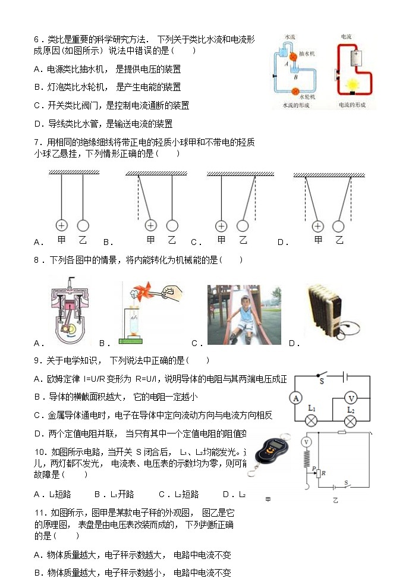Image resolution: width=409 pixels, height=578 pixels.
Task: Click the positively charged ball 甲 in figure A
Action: click(x=61, y=225)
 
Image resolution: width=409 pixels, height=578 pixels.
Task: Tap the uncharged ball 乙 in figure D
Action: click(x=338, y=226)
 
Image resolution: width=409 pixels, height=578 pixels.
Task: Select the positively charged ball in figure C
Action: click(x=221, y=226)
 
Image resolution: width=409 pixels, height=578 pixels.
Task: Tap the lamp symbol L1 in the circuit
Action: click(x=310, y=421)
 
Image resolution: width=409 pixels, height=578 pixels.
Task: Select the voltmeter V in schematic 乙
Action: click(x=307, y=442)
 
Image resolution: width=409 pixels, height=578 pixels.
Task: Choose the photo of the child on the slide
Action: click(x=244, y=315)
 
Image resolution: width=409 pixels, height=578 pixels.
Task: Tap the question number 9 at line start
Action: click(x=37, y=360)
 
